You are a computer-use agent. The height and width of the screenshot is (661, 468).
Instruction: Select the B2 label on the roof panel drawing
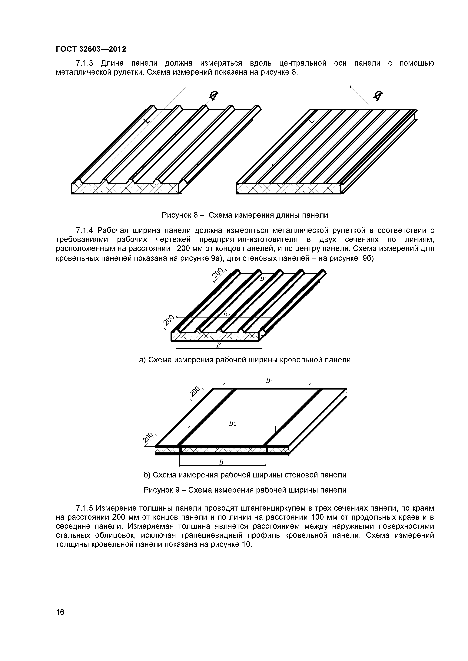pos(227,314)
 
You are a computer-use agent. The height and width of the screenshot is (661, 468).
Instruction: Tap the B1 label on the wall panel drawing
pos(269,381)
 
